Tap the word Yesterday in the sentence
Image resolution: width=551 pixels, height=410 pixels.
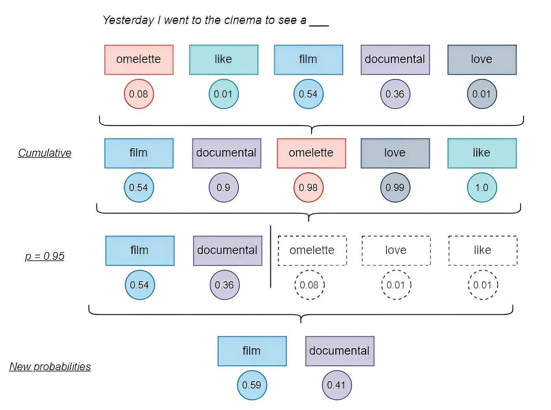pos(128,20)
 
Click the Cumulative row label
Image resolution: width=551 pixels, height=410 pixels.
pos(45,153)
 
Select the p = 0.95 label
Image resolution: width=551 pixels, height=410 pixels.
pos(44,256)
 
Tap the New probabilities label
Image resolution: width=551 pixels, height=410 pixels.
pos(50,367)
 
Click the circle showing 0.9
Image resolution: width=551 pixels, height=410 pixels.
pos(224,188)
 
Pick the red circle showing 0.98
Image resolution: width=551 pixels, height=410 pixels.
pos(308,188)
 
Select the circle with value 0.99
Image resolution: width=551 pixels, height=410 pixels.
pos(395,188)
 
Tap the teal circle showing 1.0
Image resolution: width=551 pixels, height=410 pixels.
pos(482,188)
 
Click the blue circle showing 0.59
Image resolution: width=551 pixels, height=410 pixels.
pos(252,385)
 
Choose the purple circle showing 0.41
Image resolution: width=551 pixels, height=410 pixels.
pos(337,385)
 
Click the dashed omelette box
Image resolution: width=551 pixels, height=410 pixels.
pos(312,250)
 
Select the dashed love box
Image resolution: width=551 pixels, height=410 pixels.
pos(396,250)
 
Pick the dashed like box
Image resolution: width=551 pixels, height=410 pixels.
pos(483,250)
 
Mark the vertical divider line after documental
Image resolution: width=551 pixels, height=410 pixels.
pos(271,257)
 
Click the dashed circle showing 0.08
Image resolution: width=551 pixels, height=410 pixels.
pos(309,285)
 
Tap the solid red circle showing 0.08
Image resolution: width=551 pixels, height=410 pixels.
pos(139,94)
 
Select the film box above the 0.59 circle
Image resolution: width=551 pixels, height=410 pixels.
pos(252,351)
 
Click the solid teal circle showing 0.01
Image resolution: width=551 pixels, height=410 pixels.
pos(223,94)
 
